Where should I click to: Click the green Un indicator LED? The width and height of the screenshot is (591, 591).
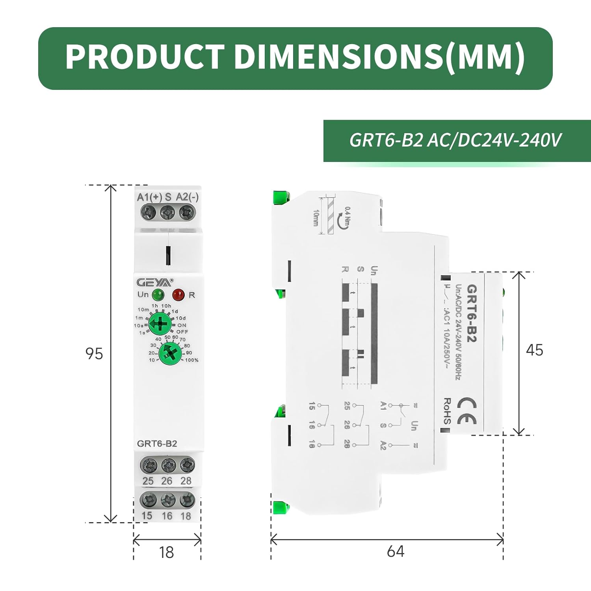click(x=158, y=294)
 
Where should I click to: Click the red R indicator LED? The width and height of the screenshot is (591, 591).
click(x=178, y=294)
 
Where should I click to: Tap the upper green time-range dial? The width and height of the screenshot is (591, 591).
click(x=160, y=324)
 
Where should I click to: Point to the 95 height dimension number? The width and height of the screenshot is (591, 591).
click(x=94, y=354)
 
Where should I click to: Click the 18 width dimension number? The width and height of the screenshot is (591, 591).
click(x=166, y=552)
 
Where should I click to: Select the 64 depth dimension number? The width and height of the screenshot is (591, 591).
click(x=395, y=551)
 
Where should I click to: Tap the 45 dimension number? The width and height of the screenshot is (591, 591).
click(x=534, y=350)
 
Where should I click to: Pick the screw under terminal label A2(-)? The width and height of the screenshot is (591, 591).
click(x=187, y=213)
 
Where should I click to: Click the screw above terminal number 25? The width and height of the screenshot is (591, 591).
click(x=149, y=465)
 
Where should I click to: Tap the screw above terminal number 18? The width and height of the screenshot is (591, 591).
click(x=187, y=500)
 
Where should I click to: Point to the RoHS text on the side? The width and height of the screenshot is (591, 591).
click(x=448, y=411)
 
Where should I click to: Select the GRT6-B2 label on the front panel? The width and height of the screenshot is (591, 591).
click(x=157, y=444)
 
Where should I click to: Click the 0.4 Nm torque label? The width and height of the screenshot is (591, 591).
click(x=347, y=216)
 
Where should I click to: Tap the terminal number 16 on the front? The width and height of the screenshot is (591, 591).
click(x=167, y=516)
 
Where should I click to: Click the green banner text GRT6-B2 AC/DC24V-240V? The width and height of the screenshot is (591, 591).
click(x=455, y=140)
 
